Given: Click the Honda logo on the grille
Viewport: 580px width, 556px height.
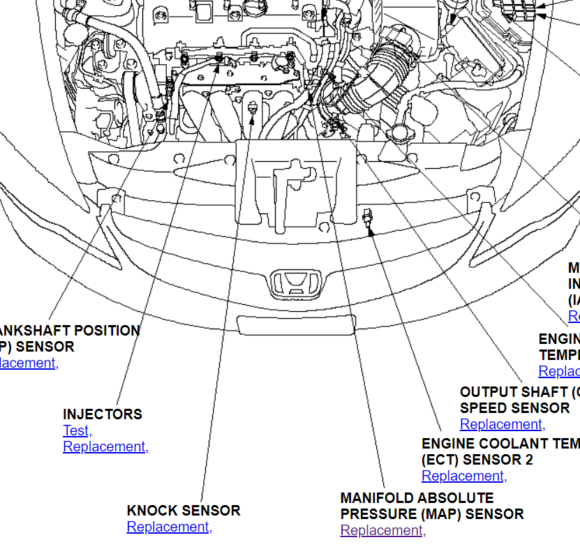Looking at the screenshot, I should pos(296,282).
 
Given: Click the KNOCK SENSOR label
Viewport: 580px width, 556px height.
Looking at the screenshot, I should pos(184,510).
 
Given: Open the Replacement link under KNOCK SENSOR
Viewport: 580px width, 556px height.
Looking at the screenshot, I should pos(169,527).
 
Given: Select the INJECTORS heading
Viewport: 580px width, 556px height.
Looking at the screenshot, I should pos(103,414).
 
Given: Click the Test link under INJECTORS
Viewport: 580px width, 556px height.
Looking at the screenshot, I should pos(77,430).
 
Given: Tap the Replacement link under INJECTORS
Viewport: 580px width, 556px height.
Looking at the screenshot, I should pos(105,446).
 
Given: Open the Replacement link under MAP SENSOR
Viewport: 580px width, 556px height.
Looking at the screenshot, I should pos(382,530).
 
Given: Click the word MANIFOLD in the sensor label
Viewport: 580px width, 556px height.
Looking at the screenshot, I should pos(376,498).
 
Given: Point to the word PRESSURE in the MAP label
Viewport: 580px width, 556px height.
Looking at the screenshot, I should pos(377,514).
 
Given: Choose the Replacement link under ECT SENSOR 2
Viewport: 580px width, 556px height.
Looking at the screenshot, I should pos(464,476).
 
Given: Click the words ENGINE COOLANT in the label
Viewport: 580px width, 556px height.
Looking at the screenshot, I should pos(475,443).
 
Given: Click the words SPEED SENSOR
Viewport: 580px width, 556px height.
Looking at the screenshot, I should pos(514,407).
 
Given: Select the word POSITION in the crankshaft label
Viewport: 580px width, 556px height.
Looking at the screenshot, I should pos(107,330).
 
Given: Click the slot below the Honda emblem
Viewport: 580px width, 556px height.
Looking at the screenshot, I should pos(297,324).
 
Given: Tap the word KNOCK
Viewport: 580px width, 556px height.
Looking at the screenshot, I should pos(151,510).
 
